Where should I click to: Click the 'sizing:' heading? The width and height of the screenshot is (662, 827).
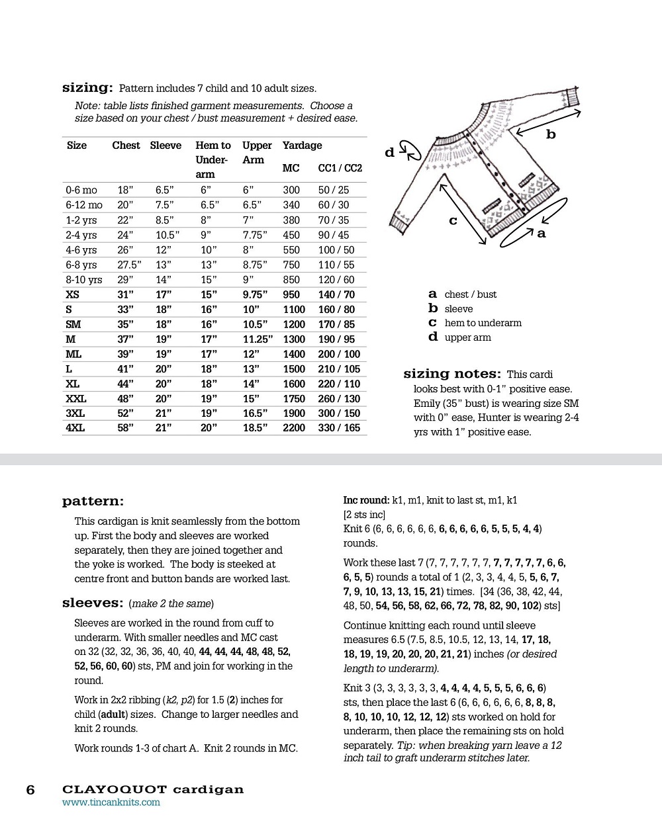pos(87,88)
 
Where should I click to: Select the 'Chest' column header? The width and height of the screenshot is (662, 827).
pos(126,146)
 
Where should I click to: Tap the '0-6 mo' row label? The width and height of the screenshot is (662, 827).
pos(81,190)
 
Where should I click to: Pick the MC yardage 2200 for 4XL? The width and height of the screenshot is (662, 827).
pos(294,428)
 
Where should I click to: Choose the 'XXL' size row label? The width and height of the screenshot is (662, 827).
pos(76,399)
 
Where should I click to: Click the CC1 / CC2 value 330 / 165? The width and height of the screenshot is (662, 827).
pos(339,428)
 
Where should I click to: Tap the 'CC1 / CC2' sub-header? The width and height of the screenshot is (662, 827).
pos(340,168)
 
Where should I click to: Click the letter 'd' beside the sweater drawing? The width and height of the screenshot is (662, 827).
pos(390,153)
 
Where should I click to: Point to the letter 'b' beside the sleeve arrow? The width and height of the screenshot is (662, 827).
pos(551,135)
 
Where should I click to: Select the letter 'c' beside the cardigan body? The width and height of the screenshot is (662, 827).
pos(453,220)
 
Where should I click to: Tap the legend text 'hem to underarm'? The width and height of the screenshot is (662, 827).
pos(483,323)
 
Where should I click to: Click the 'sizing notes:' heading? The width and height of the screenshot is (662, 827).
pos(452,374)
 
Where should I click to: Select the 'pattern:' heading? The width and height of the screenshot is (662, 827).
pos(93,501)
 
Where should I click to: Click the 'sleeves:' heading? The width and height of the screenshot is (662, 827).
pos(93,603)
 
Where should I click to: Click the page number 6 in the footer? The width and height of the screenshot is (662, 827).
pos(30,790)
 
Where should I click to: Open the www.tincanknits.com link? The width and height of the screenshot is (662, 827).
pos(111,803)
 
